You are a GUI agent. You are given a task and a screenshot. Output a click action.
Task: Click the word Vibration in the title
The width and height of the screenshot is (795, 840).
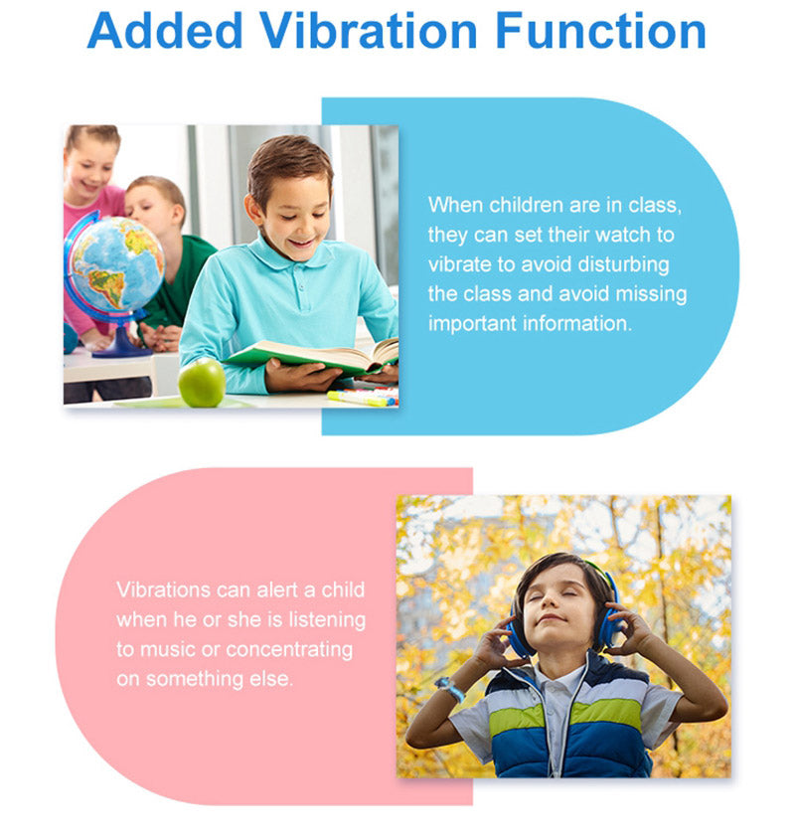tap(368, 31)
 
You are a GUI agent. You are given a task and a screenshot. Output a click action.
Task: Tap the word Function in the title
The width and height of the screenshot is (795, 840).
tap(600, 31)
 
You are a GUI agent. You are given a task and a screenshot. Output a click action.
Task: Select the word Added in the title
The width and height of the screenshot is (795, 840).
tap(165, 31)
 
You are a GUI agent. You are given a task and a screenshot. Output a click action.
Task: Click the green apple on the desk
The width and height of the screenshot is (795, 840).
tap(202, 383)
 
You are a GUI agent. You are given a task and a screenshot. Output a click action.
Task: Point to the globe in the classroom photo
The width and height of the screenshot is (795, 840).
tap(115, 265)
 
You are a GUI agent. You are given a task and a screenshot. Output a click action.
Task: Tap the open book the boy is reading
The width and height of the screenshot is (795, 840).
tap(312, 356)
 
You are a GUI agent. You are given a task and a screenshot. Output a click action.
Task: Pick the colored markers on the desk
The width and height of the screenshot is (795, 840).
tap(363, 398)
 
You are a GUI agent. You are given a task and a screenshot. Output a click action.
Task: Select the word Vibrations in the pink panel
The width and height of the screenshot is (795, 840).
tap(163, 589)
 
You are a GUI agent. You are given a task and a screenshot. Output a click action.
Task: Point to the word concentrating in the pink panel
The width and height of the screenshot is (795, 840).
tap(289, 650)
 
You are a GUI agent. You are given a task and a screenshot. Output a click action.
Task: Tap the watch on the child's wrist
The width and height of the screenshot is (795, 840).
tap(450, 688)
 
